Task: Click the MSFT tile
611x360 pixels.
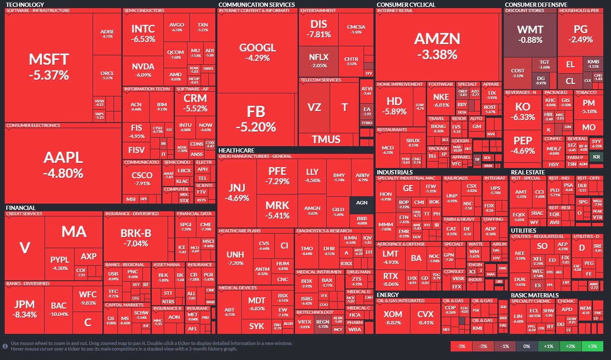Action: point(49,66)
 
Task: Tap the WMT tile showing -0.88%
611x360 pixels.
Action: point(530,34)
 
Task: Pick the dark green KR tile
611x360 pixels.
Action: point(596,157)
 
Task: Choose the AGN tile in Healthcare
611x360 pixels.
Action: point(361,203)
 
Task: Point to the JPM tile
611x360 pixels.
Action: point(24,309)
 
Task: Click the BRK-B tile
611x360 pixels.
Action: point(135,237)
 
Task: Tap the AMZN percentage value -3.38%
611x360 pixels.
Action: point(436,54)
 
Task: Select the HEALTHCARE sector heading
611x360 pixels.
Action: point(237,150)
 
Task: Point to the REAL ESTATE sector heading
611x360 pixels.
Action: point(528,172)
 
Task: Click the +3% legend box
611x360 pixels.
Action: point(592,346)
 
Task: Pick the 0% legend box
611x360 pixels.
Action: point(527,346)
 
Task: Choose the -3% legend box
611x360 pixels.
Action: point(461,346)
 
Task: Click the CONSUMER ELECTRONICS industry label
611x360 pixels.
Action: point(33,126)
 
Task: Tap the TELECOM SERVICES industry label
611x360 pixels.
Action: point(321,80)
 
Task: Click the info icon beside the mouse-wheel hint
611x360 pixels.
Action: point(5,346)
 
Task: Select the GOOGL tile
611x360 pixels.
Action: point(257,52)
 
